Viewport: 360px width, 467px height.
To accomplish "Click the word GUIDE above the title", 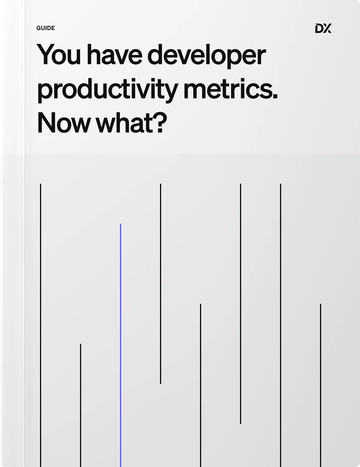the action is (x=45, y=28).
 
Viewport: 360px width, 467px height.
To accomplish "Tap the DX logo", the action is (x=323, y=28).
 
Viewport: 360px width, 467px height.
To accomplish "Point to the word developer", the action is (x=207, y=56).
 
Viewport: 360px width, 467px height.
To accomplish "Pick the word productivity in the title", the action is (x=108, y=90).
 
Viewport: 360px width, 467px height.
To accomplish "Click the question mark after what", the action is (x=160, y=122).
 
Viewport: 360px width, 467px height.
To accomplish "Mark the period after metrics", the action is (x=275, y=96).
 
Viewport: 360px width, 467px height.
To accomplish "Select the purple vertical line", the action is (x=120, y=345).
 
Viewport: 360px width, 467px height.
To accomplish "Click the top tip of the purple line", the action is (x=120, y=224).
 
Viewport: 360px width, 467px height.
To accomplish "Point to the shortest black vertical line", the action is (x=80, y=406).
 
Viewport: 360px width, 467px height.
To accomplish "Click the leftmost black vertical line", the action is (x=41, y=325).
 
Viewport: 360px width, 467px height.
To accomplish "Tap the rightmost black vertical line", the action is (x=321, y=385).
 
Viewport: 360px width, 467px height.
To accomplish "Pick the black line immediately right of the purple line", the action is (x=161, y=284).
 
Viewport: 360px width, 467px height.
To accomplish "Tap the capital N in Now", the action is (x=46, y=122).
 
